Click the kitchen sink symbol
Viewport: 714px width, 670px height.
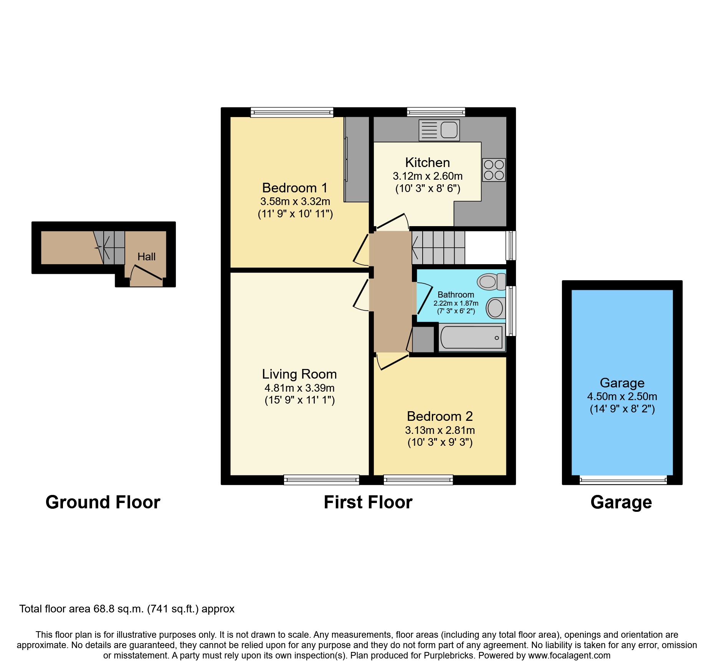(439, 130)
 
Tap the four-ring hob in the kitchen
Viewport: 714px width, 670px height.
(494, 170)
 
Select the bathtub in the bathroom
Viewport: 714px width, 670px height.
(472, 337)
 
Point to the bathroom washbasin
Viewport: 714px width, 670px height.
(496, 308)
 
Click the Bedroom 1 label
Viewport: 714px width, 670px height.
(295, 188)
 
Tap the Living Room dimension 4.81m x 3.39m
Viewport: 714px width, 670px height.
(299, 388)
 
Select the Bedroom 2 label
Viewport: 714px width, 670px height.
(440, 416)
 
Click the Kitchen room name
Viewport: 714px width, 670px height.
(427, 162)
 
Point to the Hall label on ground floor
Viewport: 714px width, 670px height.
(146, 256)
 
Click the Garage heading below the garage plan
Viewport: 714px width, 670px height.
(621, 502)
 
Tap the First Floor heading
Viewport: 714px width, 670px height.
(368, 502)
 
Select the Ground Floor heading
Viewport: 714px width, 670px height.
(103, 502)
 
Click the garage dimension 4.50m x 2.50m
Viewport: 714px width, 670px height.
(622, 396)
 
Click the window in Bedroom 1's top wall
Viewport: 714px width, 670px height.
(292, 112)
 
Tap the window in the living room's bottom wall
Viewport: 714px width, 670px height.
(321, 480)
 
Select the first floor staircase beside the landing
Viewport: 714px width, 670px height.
(438, 247)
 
